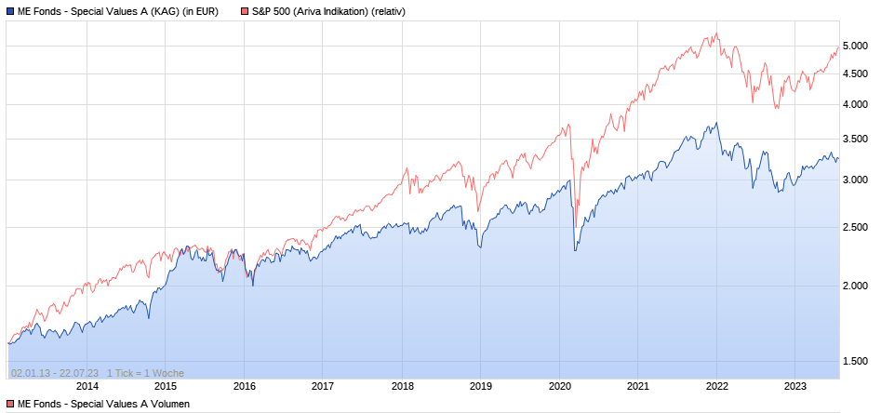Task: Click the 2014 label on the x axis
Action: [87, 387]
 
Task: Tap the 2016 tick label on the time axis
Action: [244, 387]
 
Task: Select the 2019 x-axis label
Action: [480, 387]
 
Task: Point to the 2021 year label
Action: [638, 387]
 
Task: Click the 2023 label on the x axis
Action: [795, 387]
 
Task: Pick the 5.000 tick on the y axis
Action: [855, 47]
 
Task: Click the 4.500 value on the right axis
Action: [855, 73]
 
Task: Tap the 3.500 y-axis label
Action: [855, 140]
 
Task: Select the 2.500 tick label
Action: [855, 228]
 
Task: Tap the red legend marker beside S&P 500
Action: [245, 12]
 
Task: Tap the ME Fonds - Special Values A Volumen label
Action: [103, 404]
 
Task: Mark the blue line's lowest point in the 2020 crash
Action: [575, 250]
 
